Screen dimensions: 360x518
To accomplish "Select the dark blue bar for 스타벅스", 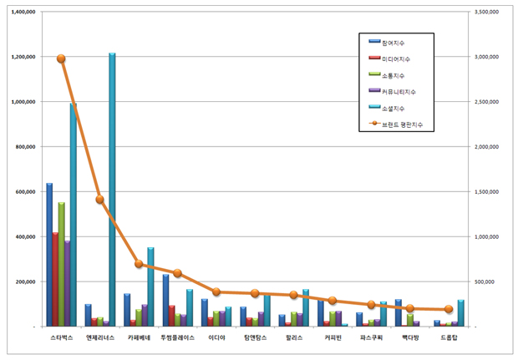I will coord(49,255).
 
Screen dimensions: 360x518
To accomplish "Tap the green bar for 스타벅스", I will coord(61,264).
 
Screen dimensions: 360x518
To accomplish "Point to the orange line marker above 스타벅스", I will coord(61,58).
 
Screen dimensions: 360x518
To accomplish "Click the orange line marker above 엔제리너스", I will coord(99,200).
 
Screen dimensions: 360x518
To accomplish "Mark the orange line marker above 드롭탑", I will coord(448,309).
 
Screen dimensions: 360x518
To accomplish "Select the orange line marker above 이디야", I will coord(216,292).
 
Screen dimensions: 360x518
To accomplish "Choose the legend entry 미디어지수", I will coord(396,58).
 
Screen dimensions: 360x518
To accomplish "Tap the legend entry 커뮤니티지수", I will coord(399,91).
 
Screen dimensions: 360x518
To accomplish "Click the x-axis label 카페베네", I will coord(139,338).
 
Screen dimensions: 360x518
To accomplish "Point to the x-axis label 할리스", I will coord(293,338).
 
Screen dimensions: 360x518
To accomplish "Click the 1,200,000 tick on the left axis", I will coord(23,57).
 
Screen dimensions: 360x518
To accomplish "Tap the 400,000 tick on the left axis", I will coord(27,236).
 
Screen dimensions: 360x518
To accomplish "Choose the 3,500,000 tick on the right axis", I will coord(486,12).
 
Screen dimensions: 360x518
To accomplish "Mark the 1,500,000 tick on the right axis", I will coord(486,191).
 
